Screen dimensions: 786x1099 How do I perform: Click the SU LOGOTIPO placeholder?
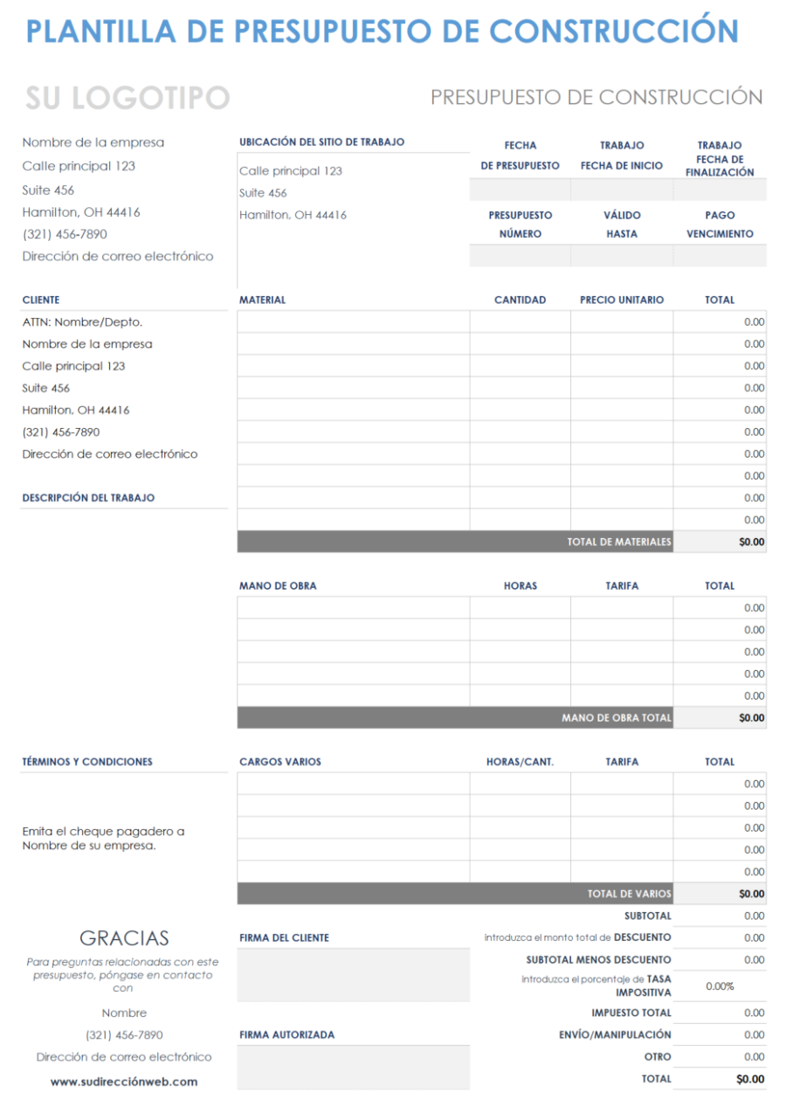(128, 99)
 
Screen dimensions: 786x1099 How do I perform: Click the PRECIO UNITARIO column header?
(622, 300)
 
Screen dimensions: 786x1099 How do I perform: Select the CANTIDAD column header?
(520, 300)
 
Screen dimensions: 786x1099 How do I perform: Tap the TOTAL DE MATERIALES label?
(619, 542)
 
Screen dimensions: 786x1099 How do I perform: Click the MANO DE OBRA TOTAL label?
(617, 717)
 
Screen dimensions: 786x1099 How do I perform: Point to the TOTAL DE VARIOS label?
(629, 894)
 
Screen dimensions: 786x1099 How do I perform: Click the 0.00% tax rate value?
(720, 986)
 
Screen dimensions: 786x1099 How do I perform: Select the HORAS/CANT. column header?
(520, 762)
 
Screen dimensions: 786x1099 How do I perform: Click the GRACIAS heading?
(124, 938)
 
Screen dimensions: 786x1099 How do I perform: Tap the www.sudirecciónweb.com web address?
(124, 1082)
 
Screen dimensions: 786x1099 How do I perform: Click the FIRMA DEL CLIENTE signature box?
(353, 975)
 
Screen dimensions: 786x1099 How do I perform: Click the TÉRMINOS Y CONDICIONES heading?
(87, 762)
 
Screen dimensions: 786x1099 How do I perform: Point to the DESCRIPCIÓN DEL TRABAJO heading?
(88, 498)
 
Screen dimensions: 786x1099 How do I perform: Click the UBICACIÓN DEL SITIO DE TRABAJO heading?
(321, 142)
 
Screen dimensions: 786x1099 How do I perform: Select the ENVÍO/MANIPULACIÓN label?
(615, 1034)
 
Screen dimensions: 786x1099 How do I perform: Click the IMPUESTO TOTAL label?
(631, 1013)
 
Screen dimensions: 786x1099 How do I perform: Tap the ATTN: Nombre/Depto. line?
(82, 322)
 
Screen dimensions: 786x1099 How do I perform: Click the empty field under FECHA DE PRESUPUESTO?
(520, 190)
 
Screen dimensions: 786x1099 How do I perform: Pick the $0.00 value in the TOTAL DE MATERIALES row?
(751, 542)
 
